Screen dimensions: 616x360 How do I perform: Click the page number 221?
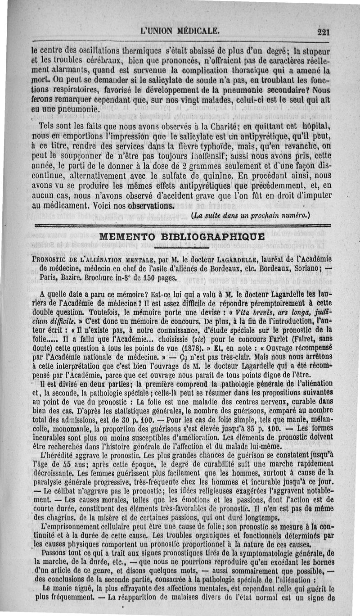(x=324, y=32)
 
